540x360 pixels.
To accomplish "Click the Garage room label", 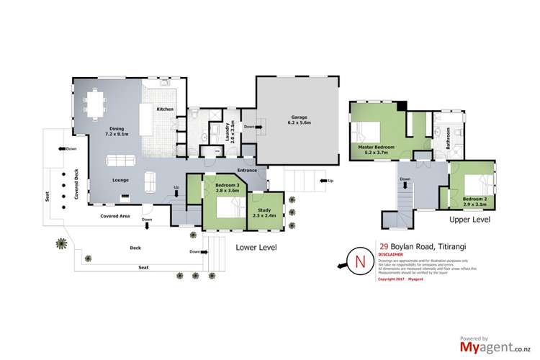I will [300, 120].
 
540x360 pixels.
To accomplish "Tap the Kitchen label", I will [166, 109].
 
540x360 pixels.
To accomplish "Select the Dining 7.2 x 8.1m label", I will [118, 130].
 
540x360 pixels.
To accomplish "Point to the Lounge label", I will [120, 180].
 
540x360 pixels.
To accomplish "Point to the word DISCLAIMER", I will [390, 253].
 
